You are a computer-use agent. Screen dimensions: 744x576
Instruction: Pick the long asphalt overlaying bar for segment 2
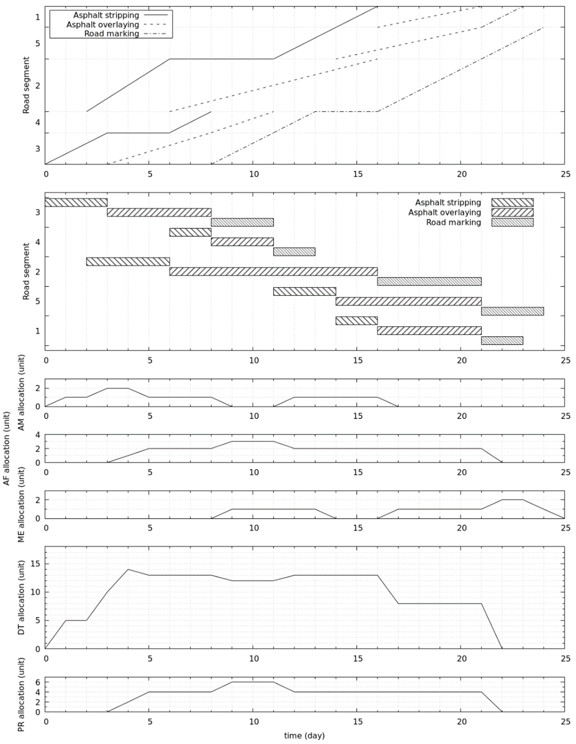tap(273, 272)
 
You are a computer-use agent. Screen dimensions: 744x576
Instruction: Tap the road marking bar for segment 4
tap(294, 252)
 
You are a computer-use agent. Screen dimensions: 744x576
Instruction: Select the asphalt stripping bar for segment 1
tap(357, 321)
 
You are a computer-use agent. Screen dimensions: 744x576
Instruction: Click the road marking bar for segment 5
tap(512, 311)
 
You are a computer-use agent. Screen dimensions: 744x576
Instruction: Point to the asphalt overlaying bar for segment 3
tap(159, 212)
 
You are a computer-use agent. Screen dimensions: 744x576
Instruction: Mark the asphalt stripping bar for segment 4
tap(190, 232)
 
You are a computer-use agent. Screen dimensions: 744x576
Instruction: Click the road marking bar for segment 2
tap(429, 281)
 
